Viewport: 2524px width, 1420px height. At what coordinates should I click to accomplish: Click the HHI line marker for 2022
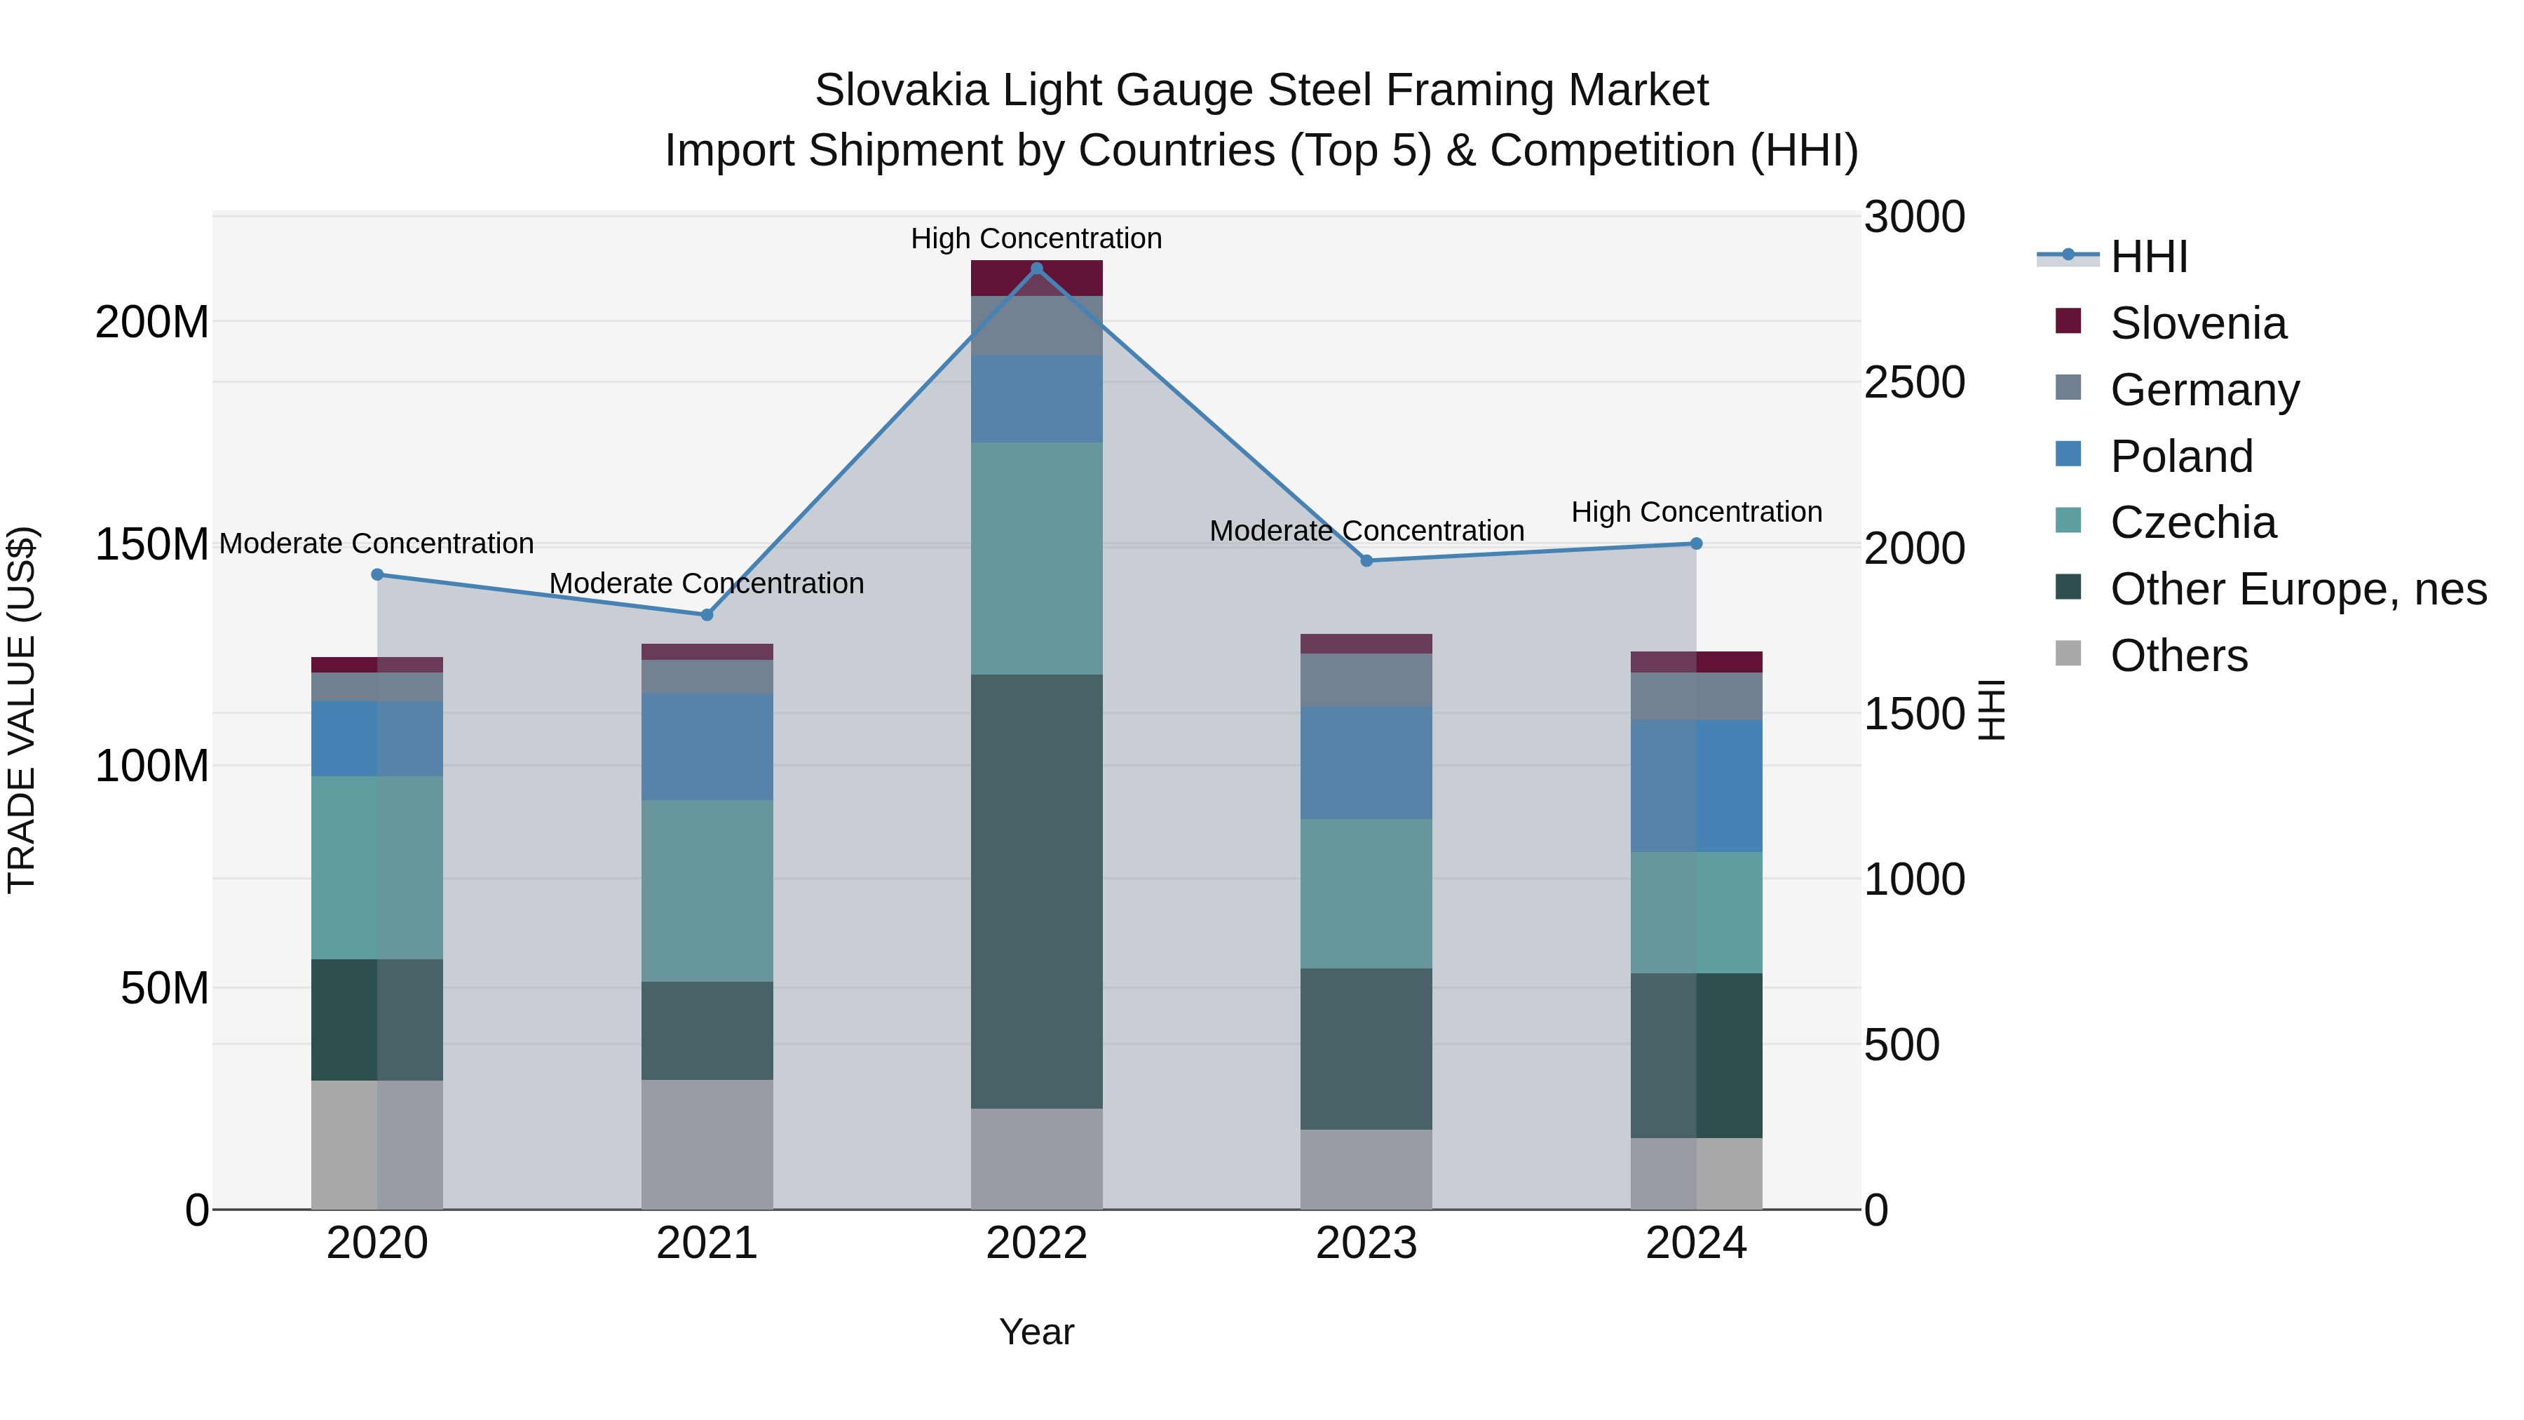click(1037, 269)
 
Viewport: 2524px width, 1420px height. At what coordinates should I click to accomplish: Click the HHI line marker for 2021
click(707, 614)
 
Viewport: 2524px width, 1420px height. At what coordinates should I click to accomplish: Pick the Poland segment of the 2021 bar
click(707, 747)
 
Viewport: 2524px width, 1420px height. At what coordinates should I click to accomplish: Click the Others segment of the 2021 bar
click(707, 1144)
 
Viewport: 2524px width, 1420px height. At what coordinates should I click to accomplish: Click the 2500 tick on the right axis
click(1913, 382)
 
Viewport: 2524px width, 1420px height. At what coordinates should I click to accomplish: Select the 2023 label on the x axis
click(1366, 1243)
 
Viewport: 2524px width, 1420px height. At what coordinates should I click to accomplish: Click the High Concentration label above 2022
click(1037, 238)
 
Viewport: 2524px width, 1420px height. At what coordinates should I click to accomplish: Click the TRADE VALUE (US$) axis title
click(22, 710)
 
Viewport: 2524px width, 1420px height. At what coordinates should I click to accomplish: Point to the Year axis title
click(1037, 1332)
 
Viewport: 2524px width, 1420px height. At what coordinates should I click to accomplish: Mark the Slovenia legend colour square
click(2068, 320)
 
